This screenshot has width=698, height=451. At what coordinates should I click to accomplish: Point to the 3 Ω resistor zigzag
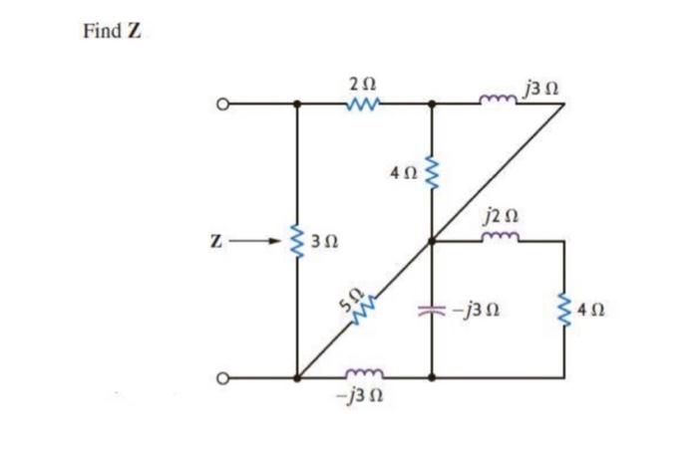pos(296,240)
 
